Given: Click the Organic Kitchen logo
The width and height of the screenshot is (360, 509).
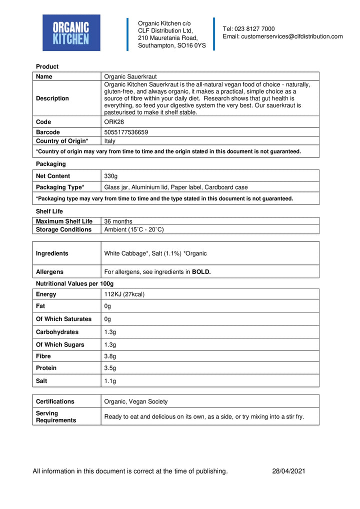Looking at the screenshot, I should pos(71,33).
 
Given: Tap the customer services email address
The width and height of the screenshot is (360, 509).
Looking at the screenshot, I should pos(282,36).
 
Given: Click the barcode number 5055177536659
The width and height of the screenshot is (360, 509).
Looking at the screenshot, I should pos(126,132).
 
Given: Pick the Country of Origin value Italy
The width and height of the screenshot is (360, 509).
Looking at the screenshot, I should pos(109,141).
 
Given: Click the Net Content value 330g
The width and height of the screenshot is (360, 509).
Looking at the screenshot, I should pos(111,176).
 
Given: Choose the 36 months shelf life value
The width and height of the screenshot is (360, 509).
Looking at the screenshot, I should pos(118,221).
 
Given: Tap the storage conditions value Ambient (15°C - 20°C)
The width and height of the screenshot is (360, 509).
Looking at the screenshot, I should pos(134,229).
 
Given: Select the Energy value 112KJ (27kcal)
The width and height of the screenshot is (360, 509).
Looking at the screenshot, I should pos(124,294).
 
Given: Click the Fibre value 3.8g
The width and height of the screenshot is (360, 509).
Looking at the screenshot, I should pos(110,356).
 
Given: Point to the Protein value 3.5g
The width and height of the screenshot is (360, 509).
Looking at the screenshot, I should pos(110,368).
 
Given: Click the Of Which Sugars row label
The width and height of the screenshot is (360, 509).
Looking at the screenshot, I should pos(60,344).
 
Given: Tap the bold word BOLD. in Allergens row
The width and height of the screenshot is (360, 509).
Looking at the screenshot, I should pos(201,272).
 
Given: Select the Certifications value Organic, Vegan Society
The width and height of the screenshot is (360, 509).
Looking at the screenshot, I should pos(136,401).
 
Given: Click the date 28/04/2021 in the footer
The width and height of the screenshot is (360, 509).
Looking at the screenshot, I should pos(289,471).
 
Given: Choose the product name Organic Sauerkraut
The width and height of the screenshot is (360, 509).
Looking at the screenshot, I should pos(130,76).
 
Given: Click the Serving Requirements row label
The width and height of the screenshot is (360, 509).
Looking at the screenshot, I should pos(56,416).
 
